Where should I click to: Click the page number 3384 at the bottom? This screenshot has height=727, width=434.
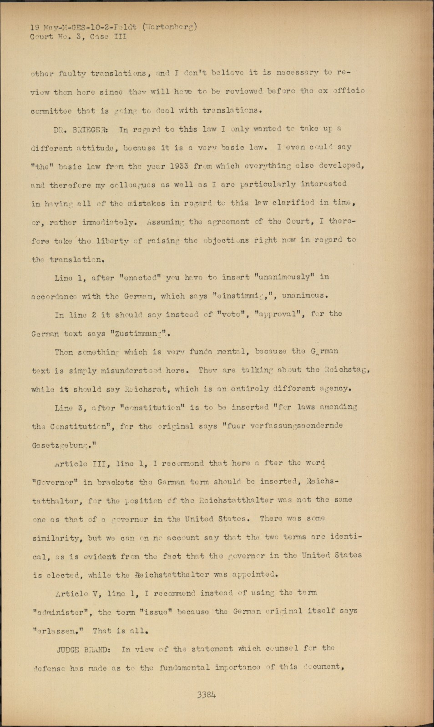pyautogui.click(x=207, y=695)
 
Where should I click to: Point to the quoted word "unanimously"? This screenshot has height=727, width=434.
pyautogui.click(x=284, y=277)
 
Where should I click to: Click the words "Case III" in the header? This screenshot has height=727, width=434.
pyautogui.click(x=108, y=37)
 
